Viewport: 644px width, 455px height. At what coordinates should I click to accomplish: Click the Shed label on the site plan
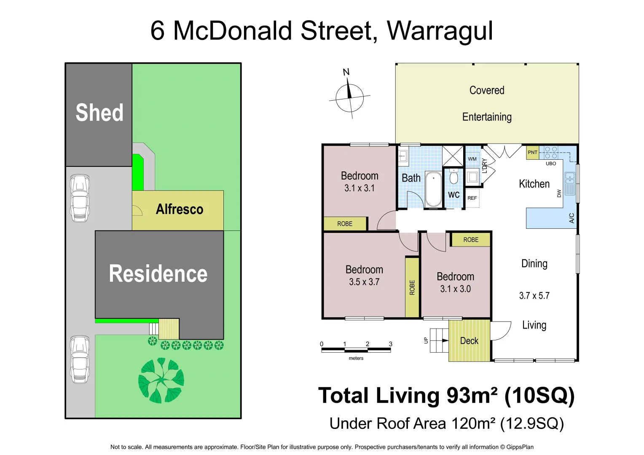(x=99, y=113)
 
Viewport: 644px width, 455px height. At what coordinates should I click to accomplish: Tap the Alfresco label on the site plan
(x=180, y=209)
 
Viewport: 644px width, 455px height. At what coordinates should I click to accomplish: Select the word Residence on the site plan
(x=158, y=274)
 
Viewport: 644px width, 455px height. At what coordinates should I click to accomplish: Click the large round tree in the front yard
(x=161, y=380)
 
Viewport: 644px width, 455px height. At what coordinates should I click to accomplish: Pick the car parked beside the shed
(x=80, y=198)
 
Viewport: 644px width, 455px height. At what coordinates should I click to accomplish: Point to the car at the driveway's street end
(x=80, y=359)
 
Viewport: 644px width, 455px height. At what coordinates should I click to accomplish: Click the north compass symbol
(x=349, y=98)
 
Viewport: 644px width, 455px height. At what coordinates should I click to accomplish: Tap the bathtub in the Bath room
(x=433, y=189)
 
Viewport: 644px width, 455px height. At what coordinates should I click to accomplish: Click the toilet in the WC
(x=453, y=177)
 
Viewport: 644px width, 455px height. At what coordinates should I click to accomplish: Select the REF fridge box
(x=472, y=198)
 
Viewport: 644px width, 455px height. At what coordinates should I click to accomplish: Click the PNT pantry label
(x=532, y=153)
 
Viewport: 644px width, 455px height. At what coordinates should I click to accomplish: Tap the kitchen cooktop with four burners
(x=551, y=153)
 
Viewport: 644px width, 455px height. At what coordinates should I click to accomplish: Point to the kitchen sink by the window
(x=570, y=184)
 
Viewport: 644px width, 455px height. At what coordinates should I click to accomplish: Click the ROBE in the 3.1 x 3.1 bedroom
(x=345, y=224)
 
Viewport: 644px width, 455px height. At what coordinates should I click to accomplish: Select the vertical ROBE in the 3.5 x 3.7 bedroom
(x=412, y=287)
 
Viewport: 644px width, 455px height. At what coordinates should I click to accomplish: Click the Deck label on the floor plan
(x=469, y=341)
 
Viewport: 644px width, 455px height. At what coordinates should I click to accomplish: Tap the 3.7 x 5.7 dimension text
(x=534, y=296)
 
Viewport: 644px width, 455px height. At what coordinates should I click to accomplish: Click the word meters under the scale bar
(x=356, y=358)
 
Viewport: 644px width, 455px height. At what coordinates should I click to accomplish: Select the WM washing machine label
(x=472, y=159)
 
